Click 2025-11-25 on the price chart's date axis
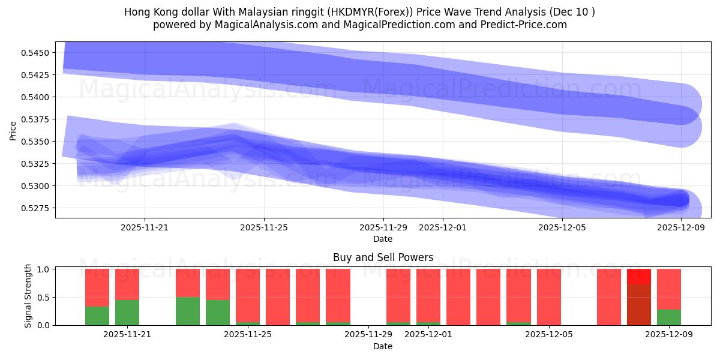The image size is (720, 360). [264, 227]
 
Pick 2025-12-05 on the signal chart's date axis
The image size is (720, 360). [550, 335]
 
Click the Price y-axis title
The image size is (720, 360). [13, 130]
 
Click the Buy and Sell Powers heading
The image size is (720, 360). [383, 257]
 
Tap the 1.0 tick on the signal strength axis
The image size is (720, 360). [44, 269]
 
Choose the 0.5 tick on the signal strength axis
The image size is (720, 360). [44, 298]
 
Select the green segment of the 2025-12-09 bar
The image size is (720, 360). [669, 317]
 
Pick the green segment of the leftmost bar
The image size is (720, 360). [97, 316]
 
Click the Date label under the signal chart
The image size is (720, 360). [383, 346]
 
